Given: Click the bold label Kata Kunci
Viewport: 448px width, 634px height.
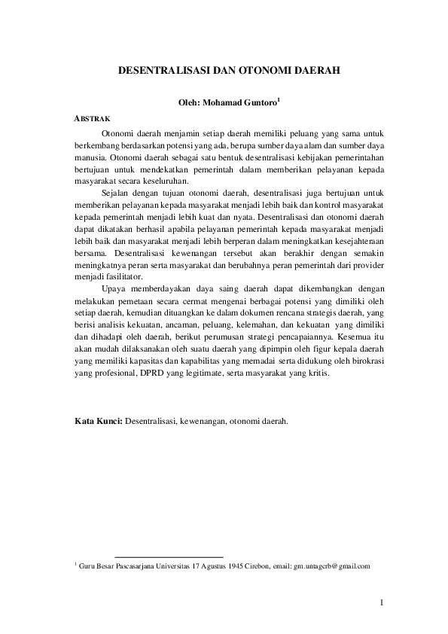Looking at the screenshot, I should pyautogui.click(x=98, y=420).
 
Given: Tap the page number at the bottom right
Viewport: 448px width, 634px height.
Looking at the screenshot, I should pyautogui.click(x=382, y=602).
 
